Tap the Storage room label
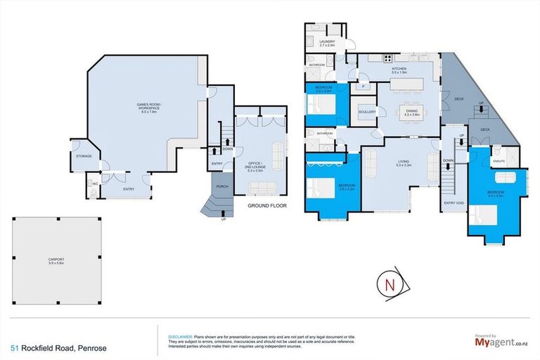(x=84, y=155)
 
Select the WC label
(x=93, y=184)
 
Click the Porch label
(x=222, y=186)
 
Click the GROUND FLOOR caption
(x=266, y=207)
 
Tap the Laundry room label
(x=326, y=43)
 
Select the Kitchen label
(x=399, y=69)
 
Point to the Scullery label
(x=366, y=112)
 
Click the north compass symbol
(x=389, y=283)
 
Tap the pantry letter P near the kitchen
(x=364, y=87)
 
